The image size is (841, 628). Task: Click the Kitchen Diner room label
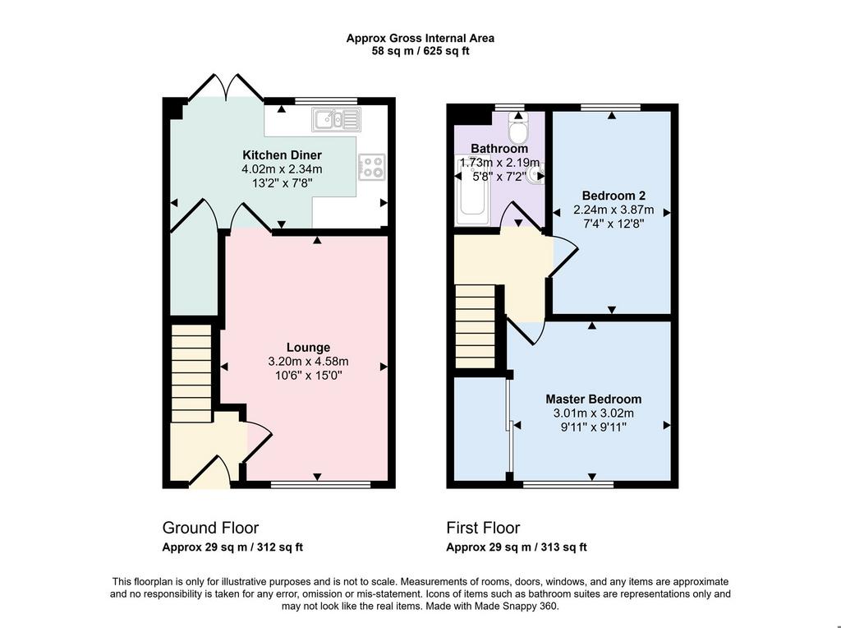point(283,155)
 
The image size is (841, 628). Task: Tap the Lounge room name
point(308,347)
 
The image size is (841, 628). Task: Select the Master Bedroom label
point(593,399)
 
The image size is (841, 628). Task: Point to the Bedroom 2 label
point(614,196)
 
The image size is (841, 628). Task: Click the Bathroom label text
point(499,148)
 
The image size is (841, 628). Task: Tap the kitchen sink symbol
point(336,119)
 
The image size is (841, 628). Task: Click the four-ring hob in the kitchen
point(372,166)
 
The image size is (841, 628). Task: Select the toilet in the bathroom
point(519,127)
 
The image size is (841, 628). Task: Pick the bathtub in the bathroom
point(472,191)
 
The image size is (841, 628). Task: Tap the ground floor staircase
point(191,372)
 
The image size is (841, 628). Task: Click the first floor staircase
point(475,326)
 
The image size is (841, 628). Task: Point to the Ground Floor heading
point(210,528)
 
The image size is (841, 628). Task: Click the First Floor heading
point(483,528)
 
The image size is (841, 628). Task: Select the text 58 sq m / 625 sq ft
point(420,52)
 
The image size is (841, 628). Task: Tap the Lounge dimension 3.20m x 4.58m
point(309,361)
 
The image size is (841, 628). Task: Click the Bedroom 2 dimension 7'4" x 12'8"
point(614,224)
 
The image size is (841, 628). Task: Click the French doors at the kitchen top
point(226,88)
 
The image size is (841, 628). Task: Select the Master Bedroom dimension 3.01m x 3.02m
point(593,413)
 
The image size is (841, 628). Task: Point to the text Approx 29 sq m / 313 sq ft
point(517,547)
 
